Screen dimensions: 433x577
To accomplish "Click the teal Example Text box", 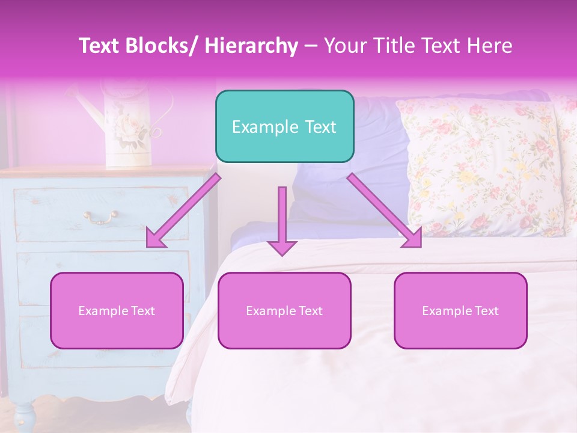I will pos(284,126).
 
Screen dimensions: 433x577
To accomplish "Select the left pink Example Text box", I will pos(117,311).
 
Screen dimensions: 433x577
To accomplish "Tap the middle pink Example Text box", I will pos(284,311).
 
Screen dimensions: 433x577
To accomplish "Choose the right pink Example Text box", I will pos(460,311).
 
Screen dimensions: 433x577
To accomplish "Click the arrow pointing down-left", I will pos(184,210).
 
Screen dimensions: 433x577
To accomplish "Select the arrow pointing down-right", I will pos(385,210).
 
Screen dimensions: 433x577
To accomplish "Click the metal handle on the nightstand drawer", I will pos(100,216).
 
